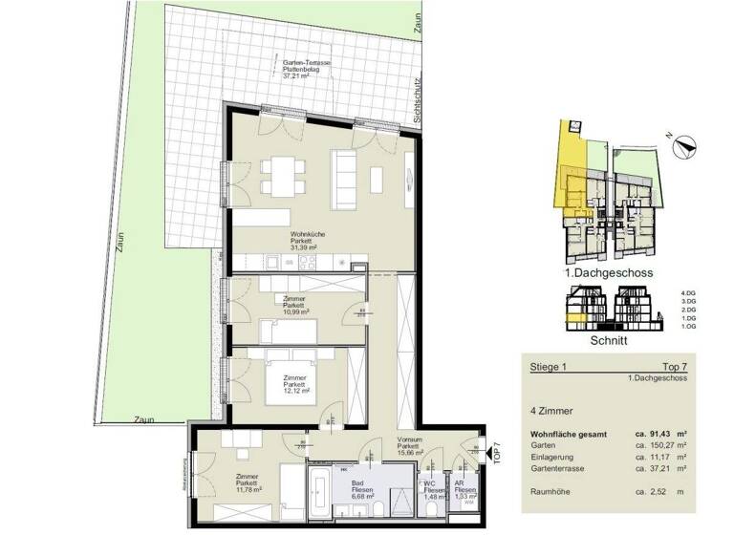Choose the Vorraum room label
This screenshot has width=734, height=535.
[x=408, y=446]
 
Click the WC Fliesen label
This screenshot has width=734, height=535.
[x=432, y=489]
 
